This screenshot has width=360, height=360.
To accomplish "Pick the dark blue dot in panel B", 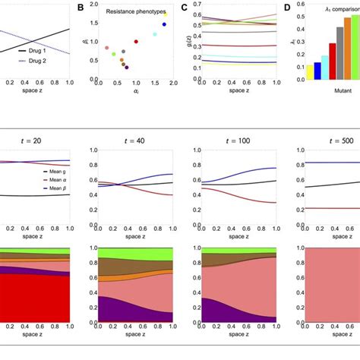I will click(164, 24).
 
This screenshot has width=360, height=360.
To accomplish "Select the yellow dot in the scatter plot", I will click(166, 14).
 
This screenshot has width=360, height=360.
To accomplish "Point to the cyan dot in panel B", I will click(155, 34).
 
